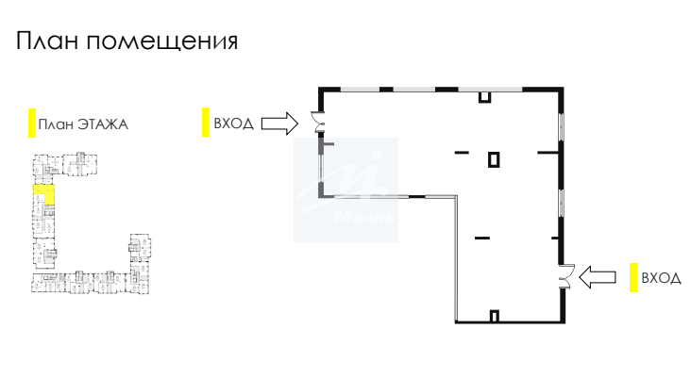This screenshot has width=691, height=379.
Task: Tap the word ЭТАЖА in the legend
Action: [103, 124]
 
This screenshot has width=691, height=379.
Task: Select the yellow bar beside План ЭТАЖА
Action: [31, 123]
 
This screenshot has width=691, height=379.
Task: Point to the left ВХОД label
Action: [233, 123]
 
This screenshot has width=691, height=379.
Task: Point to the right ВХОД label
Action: [660, 278]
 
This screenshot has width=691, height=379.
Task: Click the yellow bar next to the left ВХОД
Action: [205, 123]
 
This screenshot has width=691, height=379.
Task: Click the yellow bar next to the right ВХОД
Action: [633, 277]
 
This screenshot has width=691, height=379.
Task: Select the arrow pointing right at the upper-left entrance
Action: [278, 123]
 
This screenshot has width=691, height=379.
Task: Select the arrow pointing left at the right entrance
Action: [597, 276]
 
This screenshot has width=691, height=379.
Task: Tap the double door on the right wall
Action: [565, 275]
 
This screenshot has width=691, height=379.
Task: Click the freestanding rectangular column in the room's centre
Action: [493, 159]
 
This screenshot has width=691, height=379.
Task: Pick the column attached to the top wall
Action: [484, 95]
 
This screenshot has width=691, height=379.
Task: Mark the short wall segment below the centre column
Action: [481, 236]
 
